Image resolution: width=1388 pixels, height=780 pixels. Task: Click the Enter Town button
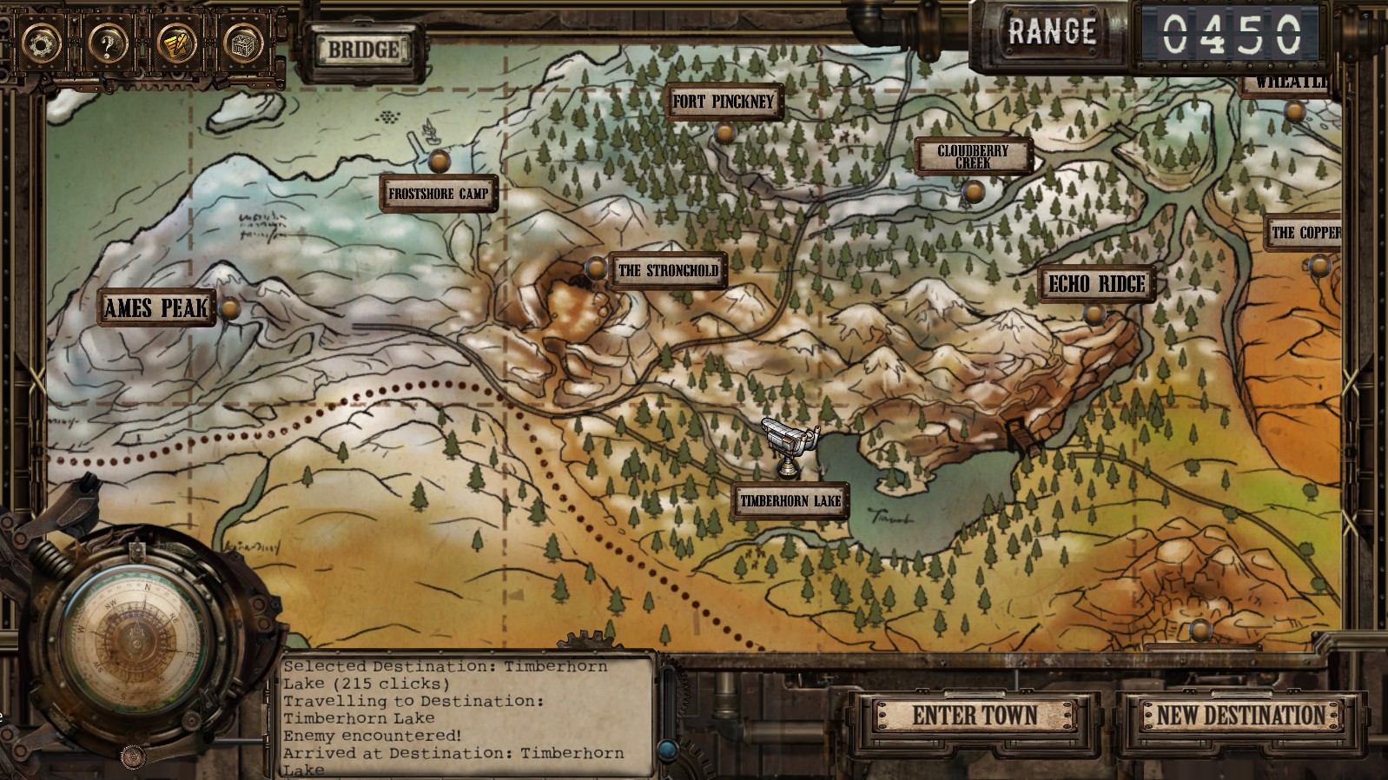point(975,716)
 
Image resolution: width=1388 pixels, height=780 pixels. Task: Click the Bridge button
point(363,50)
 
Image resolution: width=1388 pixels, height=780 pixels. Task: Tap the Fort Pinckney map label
point(723,102)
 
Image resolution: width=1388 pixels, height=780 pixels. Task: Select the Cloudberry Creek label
point(973,156)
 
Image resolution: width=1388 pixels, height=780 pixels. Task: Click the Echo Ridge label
point(1096,284)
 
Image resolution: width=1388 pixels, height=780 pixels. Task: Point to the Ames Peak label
point(156,307)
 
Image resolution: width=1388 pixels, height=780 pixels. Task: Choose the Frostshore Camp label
point(439,194)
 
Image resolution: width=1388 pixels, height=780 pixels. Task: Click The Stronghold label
point(668,270)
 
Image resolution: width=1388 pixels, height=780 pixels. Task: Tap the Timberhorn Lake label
point(790,500)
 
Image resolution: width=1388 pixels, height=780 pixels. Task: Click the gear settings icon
point(41,43)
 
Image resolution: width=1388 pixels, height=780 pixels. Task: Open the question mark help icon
point(108,43)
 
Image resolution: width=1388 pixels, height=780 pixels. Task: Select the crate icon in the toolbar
point(243,43)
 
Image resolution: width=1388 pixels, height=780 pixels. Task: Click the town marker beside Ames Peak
point(230,307)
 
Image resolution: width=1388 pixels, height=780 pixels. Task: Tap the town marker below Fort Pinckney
point(724,133)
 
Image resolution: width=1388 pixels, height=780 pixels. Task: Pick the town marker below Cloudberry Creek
point(974,190)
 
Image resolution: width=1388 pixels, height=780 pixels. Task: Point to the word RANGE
point(1052,33)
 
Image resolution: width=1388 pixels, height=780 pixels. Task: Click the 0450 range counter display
point(1232,35)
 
